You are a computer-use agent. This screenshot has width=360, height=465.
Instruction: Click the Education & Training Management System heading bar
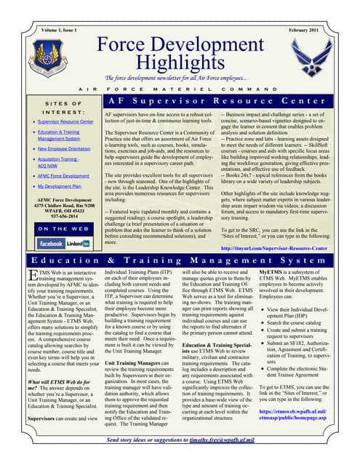180,259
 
